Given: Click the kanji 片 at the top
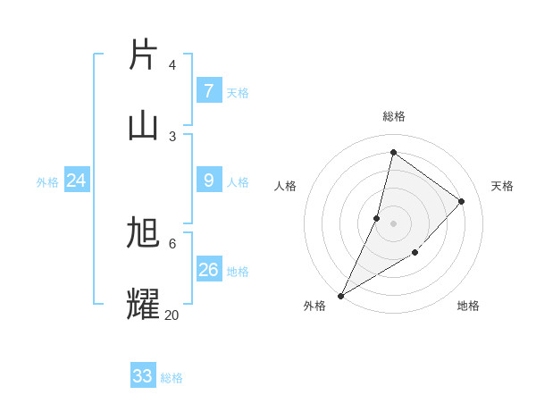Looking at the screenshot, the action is coord(143,55).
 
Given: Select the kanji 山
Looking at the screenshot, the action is coord(143,125).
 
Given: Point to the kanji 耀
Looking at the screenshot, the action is coord(143,304).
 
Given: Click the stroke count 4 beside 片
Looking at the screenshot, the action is coord(172,65).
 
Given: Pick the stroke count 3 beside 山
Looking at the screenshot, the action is coord(172,137).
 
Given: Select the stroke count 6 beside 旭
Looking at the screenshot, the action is coord(172,243).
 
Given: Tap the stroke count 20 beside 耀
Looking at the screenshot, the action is coord(172,315).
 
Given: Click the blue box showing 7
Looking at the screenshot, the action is coord(208,90).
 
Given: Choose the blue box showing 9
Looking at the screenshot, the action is coord(208,181).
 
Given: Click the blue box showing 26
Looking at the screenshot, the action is coord(208,269).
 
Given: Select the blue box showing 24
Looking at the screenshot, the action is coord(76,181).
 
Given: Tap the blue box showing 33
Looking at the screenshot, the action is coord(142,376).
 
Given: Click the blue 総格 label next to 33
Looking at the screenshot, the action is coord(172,378).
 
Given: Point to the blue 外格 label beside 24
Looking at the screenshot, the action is coord(47,182).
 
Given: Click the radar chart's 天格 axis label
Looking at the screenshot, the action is coord(502,186).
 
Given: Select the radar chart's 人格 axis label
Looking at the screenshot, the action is coord(285,186).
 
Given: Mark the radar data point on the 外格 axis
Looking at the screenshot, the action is coord(340,295).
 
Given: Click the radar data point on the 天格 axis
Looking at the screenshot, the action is coord(462,201).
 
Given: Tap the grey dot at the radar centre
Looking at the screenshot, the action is coord(393,223).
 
